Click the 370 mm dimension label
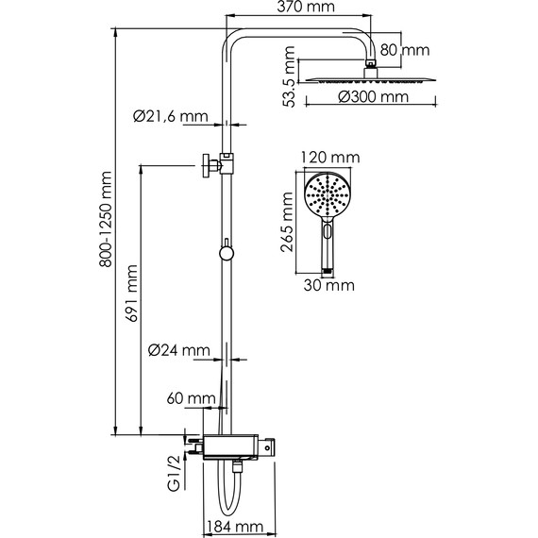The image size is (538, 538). click(x=306, y=7)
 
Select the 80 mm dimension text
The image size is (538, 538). click(x=405, y=50)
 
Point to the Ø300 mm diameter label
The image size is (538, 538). click(x=374, y=97)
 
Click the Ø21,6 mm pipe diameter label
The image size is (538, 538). click(x=171, y=116)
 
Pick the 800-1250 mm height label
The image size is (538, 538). click(x=106, y=219)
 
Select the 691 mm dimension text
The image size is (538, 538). click(x=131, y=294)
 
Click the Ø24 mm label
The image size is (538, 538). click(x=178, y=350)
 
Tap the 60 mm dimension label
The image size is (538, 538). click(x=191, y=398)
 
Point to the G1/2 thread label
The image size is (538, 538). click(x=175, y=474)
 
